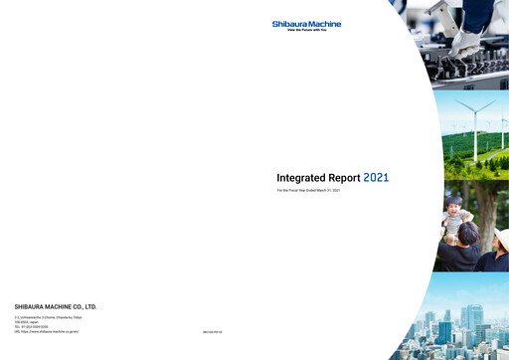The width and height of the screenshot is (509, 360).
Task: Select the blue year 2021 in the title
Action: (x=376, y=177)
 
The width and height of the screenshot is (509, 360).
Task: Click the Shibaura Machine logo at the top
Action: (x=306, y=24)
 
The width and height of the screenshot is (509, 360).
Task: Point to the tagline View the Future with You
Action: (x=307, y=32)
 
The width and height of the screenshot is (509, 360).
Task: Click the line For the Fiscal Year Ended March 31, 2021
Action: (x=308, y=189)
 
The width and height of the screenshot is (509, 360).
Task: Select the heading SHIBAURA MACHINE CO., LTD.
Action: (x=56, y=306)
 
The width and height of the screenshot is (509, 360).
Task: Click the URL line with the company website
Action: (x=46, y=331)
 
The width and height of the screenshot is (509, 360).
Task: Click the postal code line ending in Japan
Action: (x=30, y=322)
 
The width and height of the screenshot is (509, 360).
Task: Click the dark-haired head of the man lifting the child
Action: (x=467, y=234)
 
